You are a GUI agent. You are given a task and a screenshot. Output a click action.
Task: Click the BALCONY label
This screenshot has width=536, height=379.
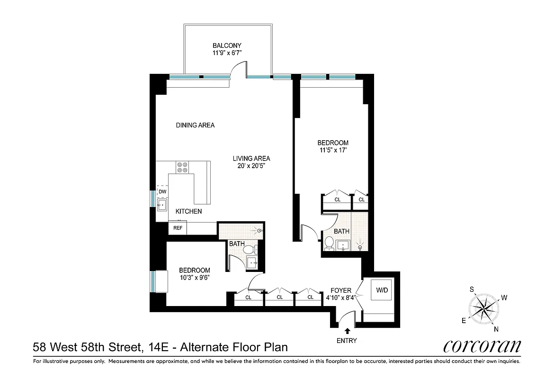pyautogui.click(x=227, y=45)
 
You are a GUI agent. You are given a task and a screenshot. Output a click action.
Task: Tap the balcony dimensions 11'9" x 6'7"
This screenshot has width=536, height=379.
pyautogui.click(x=227, y=53)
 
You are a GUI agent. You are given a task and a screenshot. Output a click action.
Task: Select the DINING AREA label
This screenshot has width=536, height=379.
pyautogui.click(x=195, y=125)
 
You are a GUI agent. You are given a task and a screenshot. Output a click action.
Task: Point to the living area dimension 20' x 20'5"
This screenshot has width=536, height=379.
pyautogui.click(x=251, y=166)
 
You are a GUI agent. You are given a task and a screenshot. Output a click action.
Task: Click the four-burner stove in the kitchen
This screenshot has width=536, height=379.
pyautogui.click(x=182, y=167)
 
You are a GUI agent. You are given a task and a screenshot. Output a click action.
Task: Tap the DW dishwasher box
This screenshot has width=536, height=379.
pyautogui.click(x=162, y=191)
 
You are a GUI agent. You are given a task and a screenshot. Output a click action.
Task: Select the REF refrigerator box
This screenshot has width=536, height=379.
pyautogui.click(x=178, y=228)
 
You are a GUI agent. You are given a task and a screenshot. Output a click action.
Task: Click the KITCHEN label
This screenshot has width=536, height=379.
pyautogui.click(x=188, y=211)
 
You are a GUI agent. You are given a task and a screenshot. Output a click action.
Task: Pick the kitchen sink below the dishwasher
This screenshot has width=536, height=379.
pyautogui.click(x=162, y=205)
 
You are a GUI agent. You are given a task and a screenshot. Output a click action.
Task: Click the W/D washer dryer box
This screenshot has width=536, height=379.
pyautogui.click(x=381, y=290)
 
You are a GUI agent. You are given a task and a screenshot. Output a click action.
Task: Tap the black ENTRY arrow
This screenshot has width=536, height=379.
pyautogui.click(x=348, y=331)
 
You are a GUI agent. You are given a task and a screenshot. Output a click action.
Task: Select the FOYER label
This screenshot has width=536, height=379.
pyautogui.click(x=341, y=290)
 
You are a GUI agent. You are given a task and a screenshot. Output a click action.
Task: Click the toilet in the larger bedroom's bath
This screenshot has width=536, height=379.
pyautogui.click(x=329, y=243)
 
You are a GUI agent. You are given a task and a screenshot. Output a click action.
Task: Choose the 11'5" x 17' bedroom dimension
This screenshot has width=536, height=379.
pyautogui.click(x=332, y=151)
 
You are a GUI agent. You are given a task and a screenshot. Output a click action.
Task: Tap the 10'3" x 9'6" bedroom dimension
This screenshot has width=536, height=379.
pyautogui.click(x=194, y=278)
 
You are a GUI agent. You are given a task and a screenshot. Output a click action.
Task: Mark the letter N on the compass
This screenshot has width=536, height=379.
pyautogui.click(x=495, y=329)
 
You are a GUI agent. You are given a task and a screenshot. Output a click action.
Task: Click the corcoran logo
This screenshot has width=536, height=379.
pyautogui.click(x=482, y=346)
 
